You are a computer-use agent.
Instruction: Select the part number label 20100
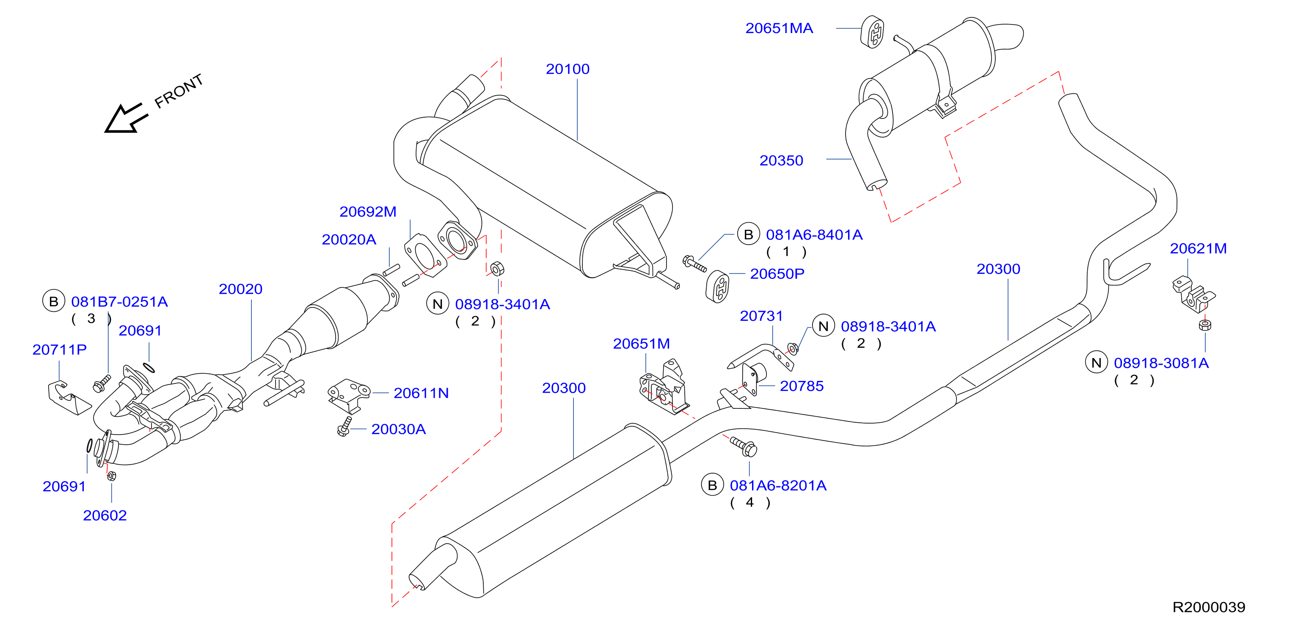[568, 69]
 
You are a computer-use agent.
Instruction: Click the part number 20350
[781, 160]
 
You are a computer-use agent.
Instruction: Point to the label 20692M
[368, 212]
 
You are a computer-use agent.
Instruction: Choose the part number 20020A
[349, 240]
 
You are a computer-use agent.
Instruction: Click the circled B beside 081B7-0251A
[54, 301]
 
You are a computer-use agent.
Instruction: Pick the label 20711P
[59, 350]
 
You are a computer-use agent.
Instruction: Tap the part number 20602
[105, 515]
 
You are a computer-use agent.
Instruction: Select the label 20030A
[399, 429]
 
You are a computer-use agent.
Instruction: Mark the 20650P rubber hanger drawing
[717, 287]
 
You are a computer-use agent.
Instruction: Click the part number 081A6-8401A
[814, 235]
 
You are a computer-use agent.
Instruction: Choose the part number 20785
[802, 386]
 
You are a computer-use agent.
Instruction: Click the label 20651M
[642, 344]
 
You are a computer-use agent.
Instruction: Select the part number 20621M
[1199, 248]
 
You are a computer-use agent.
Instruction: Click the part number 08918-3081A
[1161, 363]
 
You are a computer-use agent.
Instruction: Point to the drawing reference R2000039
[1209, 607]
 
